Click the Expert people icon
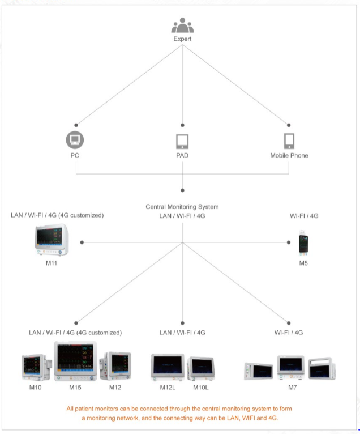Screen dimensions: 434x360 (182, 25)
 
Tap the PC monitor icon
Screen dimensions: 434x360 (75, 140)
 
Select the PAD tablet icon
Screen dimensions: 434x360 (182, 141)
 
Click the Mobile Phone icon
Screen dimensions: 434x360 (289, 141)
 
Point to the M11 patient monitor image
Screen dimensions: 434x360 (50, 241)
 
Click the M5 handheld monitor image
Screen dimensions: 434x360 (304, 244)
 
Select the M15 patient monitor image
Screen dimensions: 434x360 (75, 361)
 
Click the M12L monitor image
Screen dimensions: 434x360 (168, 367)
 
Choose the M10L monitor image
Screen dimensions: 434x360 (200, 368)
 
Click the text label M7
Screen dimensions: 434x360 (289, 388)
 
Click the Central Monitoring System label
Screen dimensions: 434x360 (182, 207)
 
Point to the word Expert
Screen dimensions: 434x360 (182, 39)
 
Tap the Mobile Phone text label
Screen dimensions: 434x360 (289, 155)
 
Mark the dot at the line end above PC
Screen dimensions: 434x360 (75, 125)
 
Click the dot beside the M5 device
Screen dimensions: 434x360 (289, 242)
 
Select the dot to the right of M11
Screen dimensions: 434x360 (82, 242)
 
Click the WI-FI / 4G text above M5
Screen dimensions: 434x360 (304, 216)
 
